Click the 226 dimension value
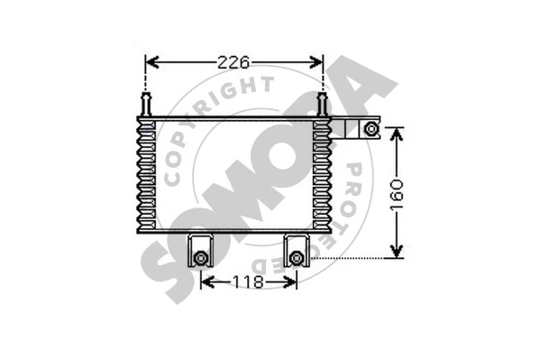pyautogui.click(x=233, y=62)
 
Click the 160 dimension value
pyautogui.click(x=397, y=194)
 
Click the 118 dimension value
pyautogui.click(x=248, y=282)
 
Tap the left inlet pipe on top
pyautogui.click(x=146, y=104)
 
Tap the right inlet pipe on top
pyautogui.click(x=322, y=104)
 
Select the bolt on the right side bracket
pyautogui.click(x=371, y=129)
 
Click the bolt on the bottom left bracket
pyautogui.click(x=200, y=258)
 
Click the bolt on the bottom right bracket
pyautogui.click(x=296, y=258)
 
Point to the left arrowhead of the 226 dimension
pyautogui.click(x=151, y=62)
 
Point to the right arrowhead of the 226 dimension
pyautogui.click(x=316, y=62)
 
